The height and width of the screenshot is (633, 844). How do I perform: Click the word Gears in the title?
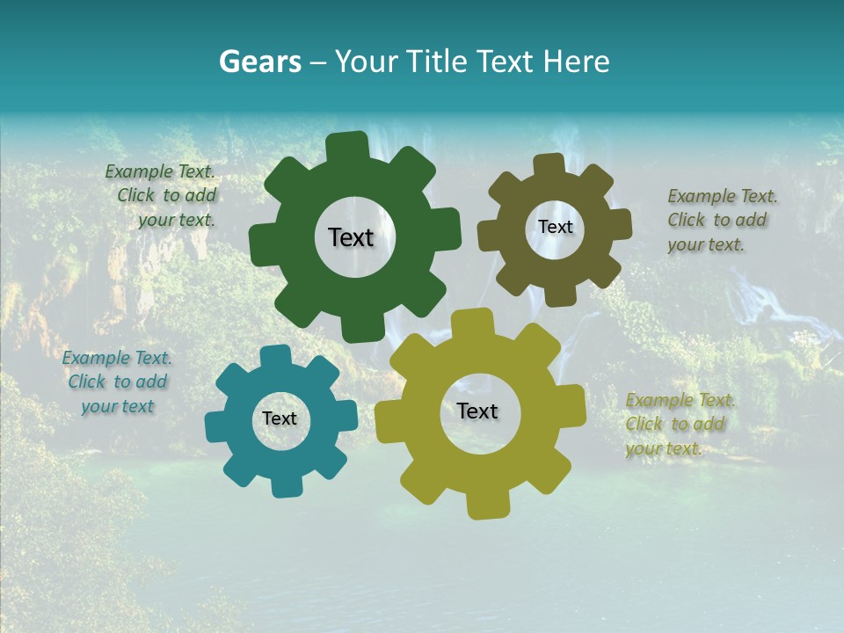(x=259, y=62)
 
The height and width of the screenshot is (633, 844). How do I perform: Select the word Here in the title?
(x=577, y=62)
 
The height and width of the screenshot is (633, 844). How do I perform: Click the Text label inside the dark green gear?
(x=351, y=237)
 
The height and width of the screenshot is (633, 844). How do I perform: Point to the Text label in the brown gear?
(x=555, y=227)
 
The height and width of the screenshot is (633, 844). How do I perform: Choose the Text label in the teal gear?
(x=280, y=419)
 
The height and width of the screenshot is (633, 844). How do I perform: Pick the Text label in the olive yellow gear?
(x=477, y=411)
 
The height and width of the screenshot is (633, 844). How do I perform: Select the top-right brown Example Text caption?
(x=721, y=220)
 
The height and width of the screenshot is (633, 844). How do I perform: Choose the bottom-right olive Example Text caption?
(x=679, y=424)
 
